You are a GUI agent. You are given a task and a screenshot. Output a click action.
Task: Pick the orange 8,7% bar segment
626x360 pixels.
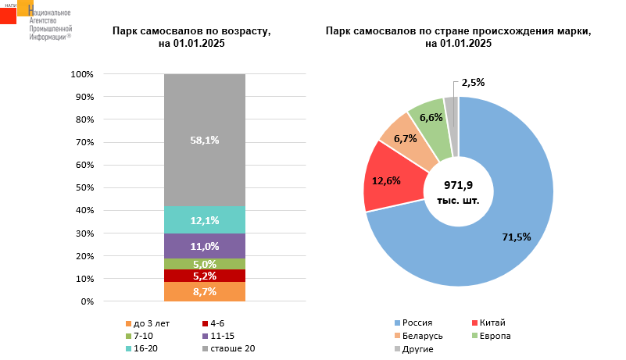click(x=205, y=291)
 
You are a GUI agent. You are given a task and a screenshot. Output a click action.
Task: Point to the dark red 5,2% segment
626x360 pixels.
click(x=205, y=276)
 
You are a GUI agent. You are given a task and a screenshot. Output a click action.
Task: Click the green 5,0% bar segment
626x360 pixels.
click(x=205, y=264)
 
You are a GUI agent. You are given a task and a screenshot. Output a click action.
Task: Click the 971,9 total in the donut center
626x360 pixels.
click(x=459, y=186)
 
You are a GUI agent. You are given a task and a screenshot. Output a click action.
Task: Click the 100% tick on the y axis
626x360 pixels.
click(x=82, y=74)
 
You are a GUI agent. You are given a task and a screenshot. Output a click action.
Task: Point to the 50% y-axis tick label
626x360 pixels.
click(x=84, y=187)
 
